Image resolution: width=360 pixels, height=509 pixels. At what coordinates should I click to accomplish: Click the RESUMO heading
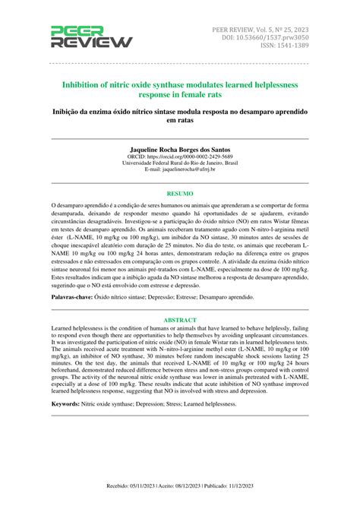tap(180, 194)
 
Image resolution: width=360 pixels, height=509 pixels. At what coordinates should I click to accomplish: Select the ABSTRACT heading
tap(180, 320)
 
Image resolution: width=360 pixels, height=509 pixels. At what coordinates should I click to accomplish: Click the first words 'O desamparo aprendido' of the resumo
tap(80, 206)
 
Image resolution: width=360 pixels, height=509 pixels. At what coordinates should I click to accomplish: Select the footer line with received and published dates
tap(180, 502)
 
